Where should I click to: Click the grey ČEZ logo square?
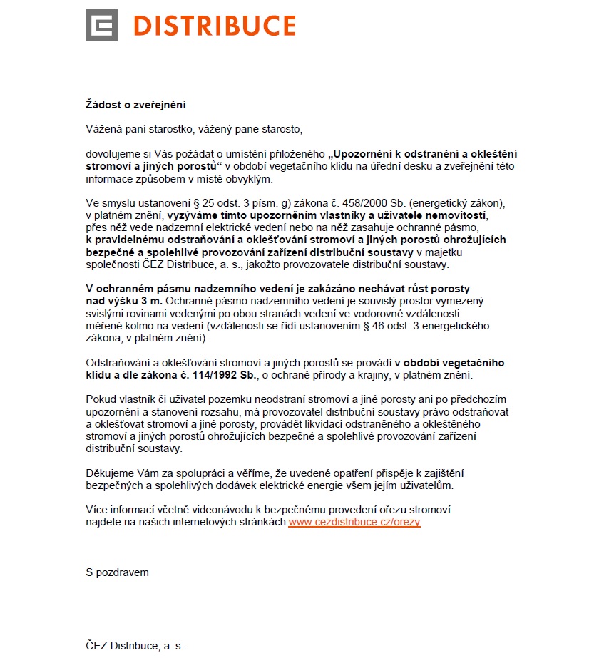tap(101, 26)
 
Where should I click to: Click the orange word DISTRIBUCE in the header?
tap(214, 26)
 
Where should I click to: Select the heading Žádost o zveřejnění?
tap(135, 105)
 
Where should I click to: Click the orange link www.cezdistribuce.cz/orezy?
tap(354, 522)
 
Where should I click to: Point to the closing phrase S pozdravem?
tap(117, 572)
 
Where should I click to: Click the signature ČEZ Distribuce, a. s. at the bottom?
tap(135, 646)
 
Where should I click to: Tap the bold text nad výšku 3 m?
tap(123, 301)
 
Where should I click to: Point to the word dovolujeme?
tap(113, 153)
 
